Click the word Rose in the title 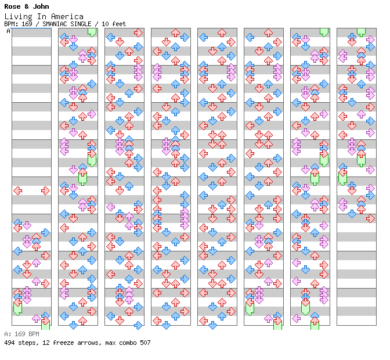(13, 7)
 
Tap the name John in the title (41, 7)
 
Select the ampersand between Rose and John (27, 7)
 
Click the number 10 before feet (106, 24)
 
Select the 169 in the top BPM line (27, 24)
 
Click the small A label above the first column (9, 31)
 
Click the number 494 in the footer (9, 343)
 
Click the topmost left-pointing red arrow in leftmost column (17, 190)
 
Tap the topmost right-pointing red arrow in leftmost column (45, 190)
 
